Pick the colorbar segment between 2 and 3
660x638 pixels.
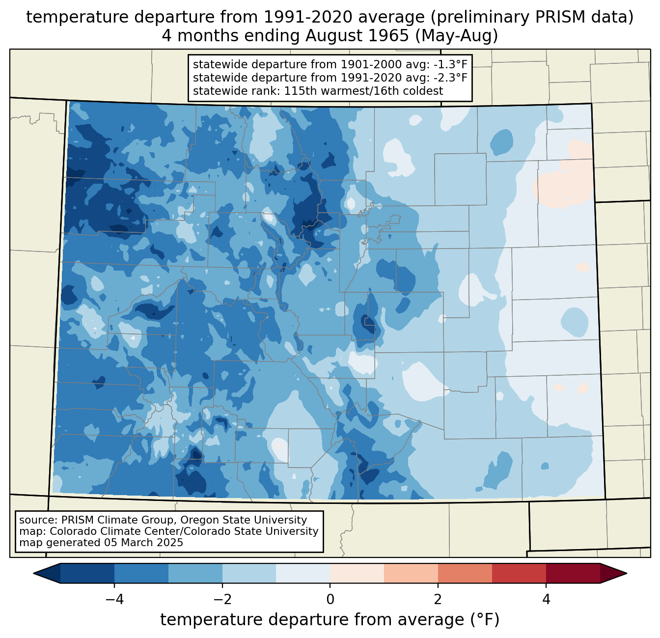465,573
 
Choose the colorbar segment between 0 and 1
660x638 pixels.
357,573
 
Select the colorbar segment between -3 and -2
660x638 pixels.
195,573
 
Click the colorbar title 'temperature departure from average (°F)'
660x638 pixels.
330,620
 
